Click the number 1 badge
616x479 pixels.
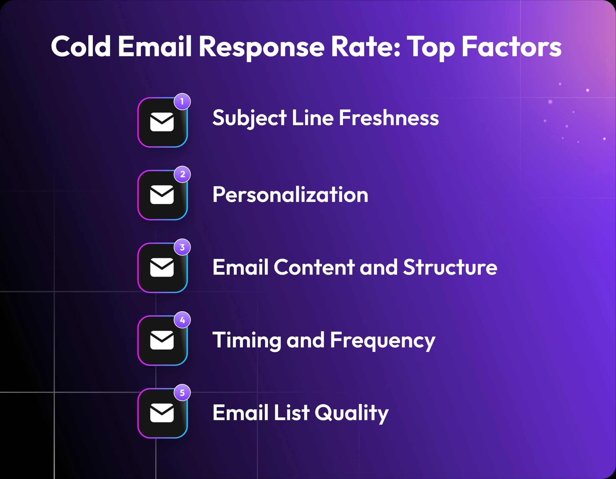tap(182, 102)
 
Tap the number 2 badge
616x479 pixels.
tap(182, 174)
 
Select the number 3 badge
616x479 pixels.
tap(182, 247)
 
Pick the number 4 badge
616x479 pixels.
tap(182, 320)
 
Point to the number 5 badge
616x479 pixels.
tap(182, 393)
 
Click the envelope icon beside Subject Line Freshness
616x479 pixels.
tap(162, 122)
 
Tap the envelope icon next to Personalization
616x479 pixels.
tap(162, 195)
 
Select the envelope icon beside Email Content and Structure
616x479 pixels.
tap(162, 267)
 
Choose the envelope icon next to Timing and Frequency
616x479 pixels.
tap(162, 340)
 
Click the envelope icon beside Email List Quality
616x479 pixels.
tap(162, 413)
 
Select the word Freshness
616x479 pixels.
tap(389, 118)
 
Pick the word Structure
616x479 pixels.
tap(450, 267)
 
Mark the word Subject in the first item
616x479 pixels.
tap(249, 118)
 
